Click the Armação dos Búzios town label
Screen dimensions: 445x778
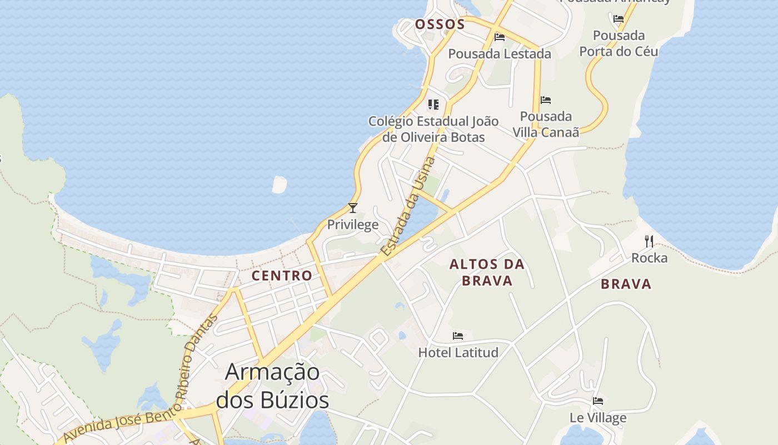(x=272, y=386)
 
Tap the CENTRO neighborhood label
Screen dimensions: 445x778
(x=282, y=275)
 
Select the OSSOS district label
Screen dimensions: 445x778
(x=440, y=24)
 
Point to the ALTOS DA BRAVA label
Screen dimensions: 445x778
(x=487, y=273)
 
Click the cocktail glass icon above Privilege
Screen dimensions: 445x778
(x=352, y=208)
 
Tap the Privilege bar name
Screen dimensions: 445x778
(x=352, y=225)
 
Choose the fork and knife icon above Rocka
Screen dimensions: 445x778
(x=649, y=241)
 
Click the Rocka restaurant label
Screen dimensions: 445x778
(x=649, y=258)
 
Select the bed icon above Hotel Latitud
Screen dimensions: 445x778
(x=458, y=336)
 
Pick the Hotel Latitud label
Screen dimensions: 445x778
(x=458, y=352)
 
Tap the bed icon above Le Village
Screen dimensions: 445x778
(x=598, y=401)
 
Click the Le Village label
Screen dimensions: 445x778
(x=598, y=418)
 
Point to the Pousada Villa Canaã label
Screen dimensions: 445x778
(x=546, y=124)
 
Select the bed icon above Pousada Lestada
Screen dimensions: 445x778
(x=500, y=37)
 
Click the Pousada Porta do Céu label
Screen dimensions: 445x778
(x=619, y=43)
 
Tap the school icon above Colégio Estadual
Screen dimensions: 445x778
(x=433, y=104)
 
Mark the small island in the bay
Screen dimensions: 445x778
(x=280, y=184)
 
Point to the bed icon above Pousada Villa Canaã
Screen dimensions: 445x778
(x=546, y=100)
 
